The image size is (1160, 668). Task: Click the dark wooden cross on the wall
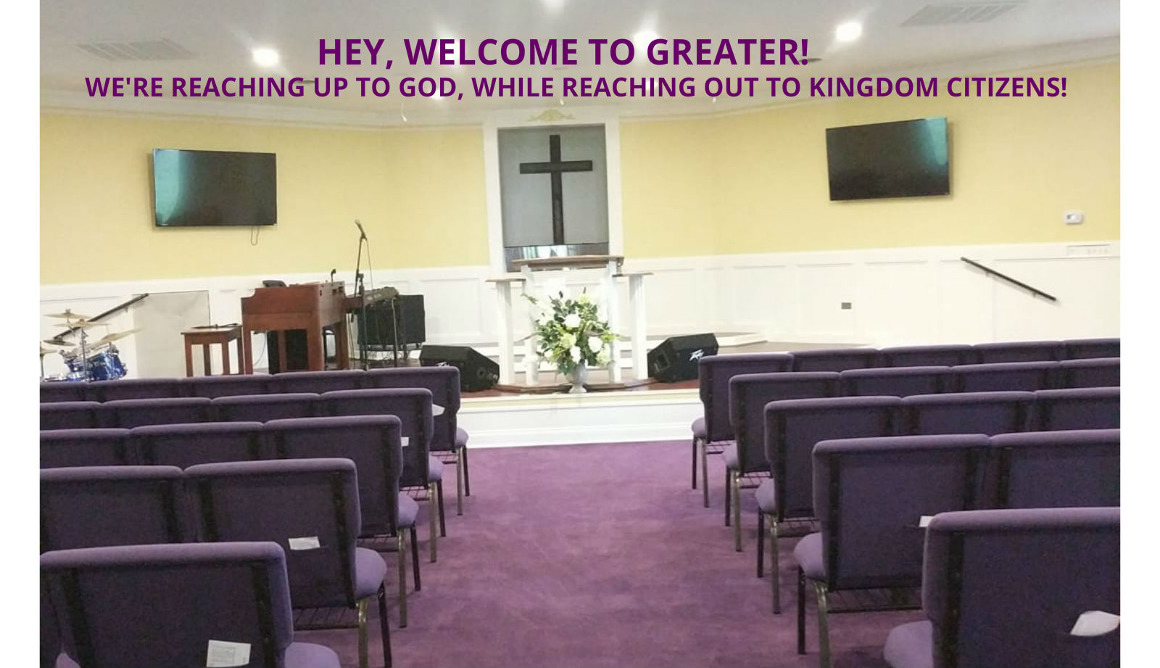coord(555,189)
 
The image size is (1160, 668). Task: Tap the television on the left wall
coord(215,188)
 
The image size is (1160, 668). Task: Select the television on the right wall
coord(887,159)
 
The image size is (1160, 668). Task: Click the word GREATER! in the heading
coord(728,52)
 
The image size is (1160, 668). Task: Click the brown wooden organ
coord(294,324)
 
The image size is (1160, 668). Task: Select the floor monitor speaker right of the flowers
coord(682,357)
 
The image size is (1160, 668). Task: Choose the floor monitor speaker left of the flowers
coord(459,367)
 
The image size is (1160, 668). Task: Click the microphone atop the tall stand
coord(360,230)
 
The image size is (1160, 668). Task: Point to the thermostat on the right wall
coord(1074,218)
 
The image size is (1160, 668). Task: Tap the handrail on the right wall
coord(1008,279)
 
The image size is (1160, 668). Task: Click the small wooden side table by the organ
coord(212,350)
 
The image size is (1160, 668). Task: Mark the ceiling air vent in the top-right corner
coord(960,12)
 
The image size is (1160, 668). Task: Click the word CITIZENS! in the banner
coord(1007,87)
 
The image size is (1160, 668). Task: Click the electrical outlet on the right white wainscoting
coord(846,306)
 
